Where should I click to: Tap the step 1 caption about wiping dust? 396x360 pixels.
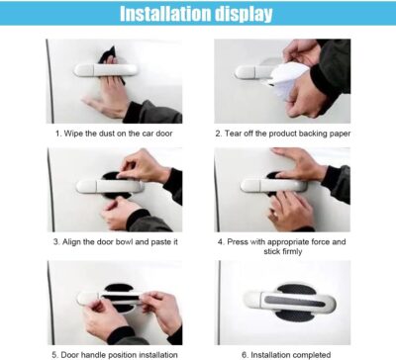click(x=113, y=131)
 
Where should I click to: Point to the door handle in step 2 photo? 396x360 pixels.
click(x=247, y=71)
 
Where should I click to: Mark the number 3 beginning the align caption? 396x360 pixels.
click(x=57, y=240)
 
